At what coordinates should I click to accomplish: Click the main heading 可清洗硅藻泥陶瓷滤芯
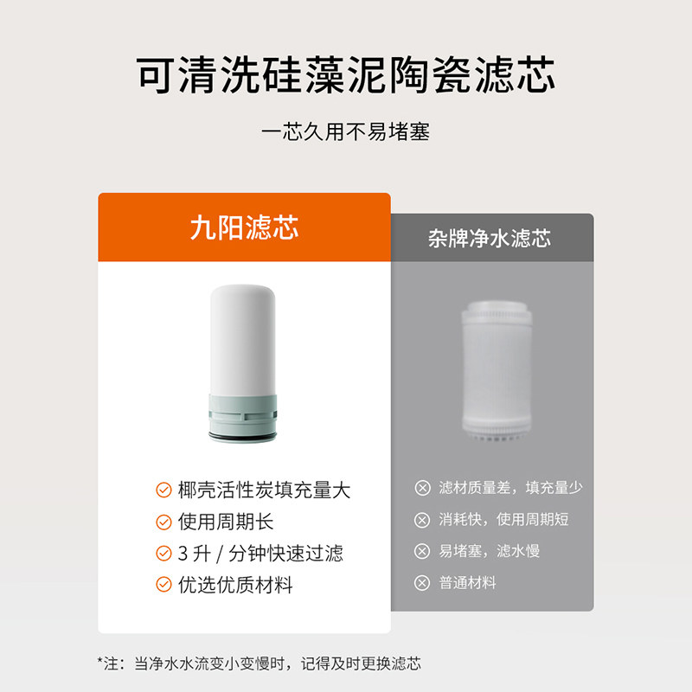coord(346,76)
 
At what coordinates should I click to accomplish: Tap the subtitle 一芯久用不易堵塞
coord(346,133)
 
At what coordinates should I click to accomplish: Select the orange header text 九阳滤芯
coord(244,228)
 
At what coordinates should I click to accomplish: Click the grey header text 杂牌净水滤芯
coord(490,239)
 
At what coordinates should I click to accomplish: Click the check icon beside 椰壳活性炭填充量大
coord(163,490)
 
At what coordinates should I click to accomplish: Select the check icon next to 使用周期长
coord(163,522)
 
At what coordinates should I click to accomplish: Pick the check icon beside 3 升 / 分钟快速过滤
coord(163,554)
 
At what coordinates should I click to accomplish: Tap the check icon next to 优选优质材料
coord(163,585)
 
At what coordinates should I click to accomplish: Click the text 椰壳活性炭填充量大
coord(264,490)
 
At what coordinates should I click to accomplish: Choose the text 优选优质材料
coord(235,585)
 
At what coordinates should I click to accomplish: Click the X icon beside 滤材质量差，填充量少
coord(422,488)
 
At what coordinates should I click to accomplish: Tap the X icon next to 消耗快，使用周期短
coord(422,520)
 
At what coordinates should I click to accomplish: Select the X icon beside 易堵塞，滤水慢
coord(422,551)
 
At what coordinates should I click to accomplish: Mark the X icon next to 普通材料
coord(422,583)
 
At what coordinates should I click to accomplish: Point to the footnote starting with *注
coord(259,664)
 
